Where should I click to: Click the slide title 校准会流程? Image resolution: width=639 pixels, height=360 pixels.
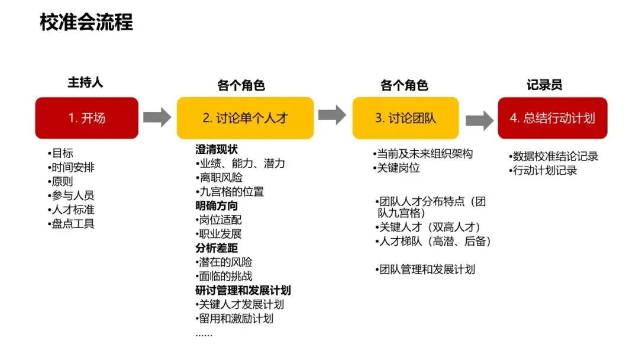point(86,22)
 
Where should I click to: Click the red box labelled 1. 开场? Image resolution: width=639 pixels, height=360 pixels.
point(86,118)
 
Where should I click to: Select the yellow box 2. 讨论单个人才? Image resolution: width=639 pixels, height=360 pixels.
point(245,118)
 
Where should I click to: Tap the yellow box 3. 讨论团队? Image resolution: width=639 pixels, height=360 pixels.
point(405,118)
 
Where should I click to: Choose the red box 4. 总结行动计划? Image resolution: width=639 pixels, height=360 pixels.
point(552,118)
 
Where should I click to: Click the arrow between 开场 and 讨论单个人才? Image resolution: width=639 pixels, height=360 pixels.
point(157,117)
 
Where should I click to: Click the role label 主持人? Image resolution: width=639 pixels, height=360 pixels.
point(85,82)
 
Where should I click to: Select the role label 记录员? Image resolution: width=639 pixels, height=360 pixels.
point(544,85)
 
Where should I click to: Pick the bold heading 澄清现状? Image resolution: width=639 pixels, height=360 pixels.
point(217,149)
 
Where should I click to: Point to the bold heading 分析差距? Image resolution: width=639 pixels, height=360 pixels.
point(217,248)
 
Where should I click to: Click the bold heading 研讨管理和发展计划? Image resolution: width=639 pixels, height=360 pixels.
point(243,290)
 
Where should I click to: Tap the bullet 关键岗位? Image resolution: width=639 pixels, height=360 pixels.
point(398,168)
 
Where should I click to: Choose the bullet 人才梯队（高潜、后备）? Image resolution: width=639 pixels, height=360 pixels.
point(434,242)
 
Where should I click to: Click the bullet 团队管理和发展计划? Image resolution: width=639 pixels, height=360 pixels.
point(426,269)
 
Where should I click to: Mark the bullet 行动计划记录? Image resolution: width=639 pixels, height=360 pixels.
point(544,171)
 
